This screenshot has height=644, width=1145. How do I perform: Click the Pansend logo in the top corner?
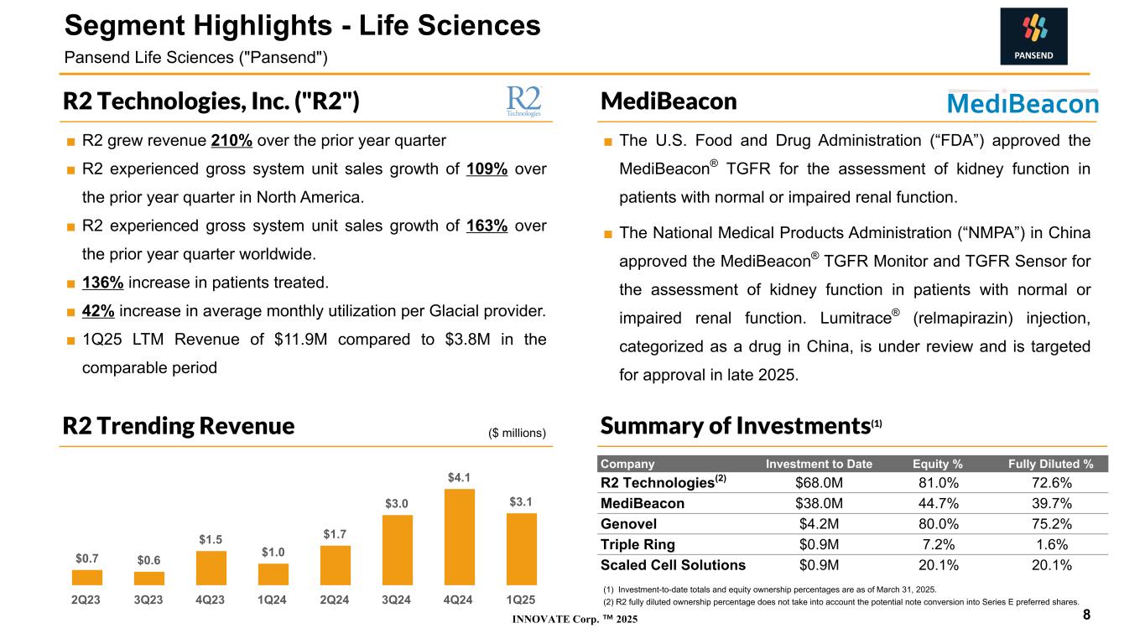[1033, 36]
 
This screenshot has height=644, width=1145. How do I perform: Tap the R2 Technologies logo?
[524, 101]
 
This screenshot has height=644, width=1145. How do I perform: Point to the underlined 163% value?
[487, 226]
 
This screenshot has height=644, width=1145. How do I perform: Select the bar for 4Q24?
[459, 537]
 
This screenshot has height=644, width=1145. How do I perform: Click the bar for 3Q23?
[149, 578]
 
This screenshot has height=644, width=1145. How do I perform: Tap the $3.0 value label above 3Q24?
[397, 504]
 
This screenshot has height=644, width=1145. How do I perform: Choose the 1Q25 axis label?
[521, 600]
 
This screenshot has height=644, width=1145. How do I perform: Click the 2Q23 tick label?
[87, 600]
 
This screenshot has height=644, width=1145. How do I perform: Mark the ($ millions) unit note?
[517, 433]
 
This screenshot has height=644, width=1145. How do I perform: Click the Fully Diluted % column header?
[1051, 464]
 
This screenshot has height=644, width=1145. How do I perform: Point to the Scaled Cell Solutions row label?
[673, 564]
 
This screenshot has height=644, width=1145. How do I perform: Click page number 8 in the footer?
[1086, 615]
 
